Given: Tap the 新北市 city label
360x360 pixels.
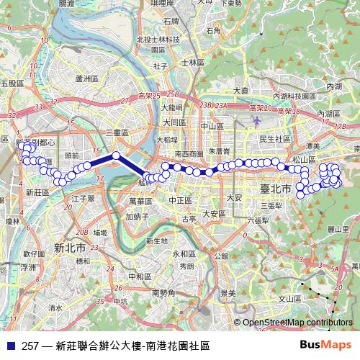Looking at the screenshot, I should pyautogui.click(x=71, y=247).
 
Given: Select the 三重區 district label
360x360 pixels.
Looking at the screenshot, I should pyautogui.click(x=116, y=133).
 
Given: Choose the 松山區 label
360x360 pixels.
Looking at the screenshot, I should pyautogui.click(x=304, y=159).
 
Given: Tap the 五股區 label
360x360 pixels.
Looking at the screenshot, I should pyautogui.click(x=12, y=84).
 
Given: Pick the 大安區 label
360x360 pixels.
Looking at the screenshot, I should pyautogui.click(x=214, y=213).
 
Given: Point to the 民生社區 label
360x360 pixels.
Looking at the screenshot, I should pyautogui.click(x=274, y=138).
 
